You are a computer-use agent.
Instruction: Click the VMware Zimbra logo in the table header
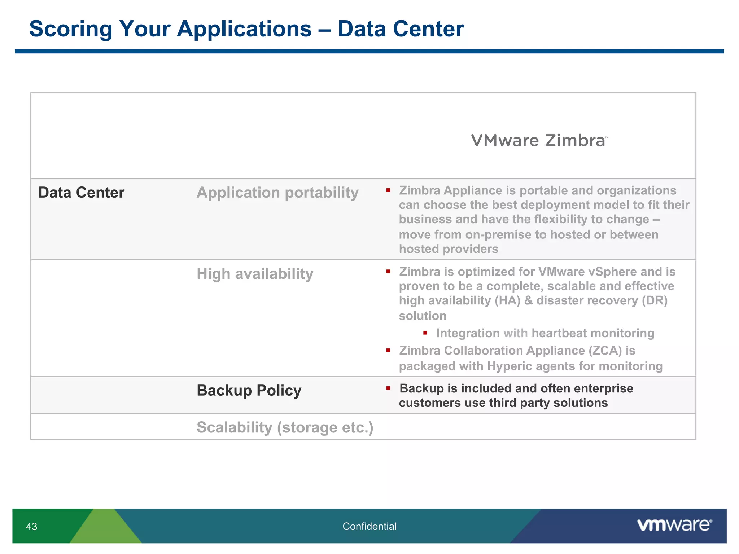click(x=539, y=141)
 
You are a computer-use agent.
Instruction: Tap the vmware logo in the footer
click(x=674, y=525)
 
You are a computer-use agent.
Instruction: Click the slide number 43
click(x=31, y=527)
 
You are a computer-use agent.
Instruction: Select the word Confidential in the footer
click(x=369, y=527)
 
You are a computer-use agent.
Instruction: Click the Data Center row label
click(x=81, y=193)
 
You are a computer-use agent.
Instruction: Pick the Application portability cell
click(x=277, y=193)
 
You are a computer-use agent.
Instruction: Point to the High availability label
click(x=255, y=274)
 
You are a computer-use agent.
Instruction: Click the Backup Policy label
click(x=249, y=391)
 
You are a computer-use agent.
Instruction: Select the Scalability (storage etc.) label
click(x=285, y=427)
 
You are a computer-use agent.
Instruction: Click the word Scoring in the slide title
click(x=71, y=29)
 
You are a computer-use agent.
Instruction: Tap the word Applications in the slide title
click(x=244, y=29)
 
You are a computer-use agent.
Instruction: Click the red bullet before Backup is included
click(x=388, y=388)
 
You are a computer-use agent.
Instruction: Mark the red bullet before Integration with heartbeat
click(x=425, y=333)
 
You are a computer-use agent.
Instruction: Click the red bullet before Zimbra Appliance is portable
click(x=388, y=190)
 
